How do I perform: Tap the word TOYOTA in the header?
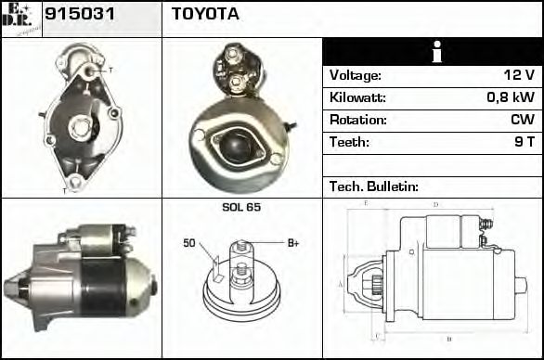(x=205, y=15)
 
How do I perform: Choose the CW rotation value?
(x=523, y=121)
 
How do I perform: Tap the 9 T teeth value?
(x=524, y=143)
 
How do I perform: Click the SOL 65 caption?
(x=240, y=207)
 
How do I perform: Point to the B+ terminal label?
(x=292, y=243)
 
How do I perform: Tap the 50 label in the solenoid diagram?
(x=188, y=244)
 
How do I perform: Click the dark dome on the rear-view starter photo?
(x=241, y=144)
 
